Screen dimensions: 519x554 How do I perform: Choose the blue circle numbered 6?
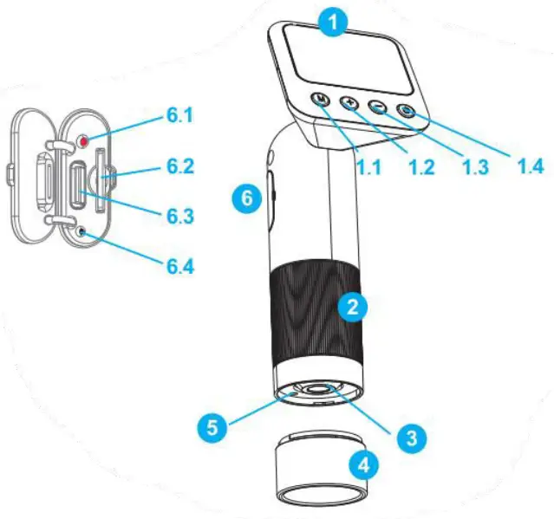(x=249, y=198)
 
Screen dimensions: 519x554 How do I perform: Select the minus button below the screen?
(x=378, y=107)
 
